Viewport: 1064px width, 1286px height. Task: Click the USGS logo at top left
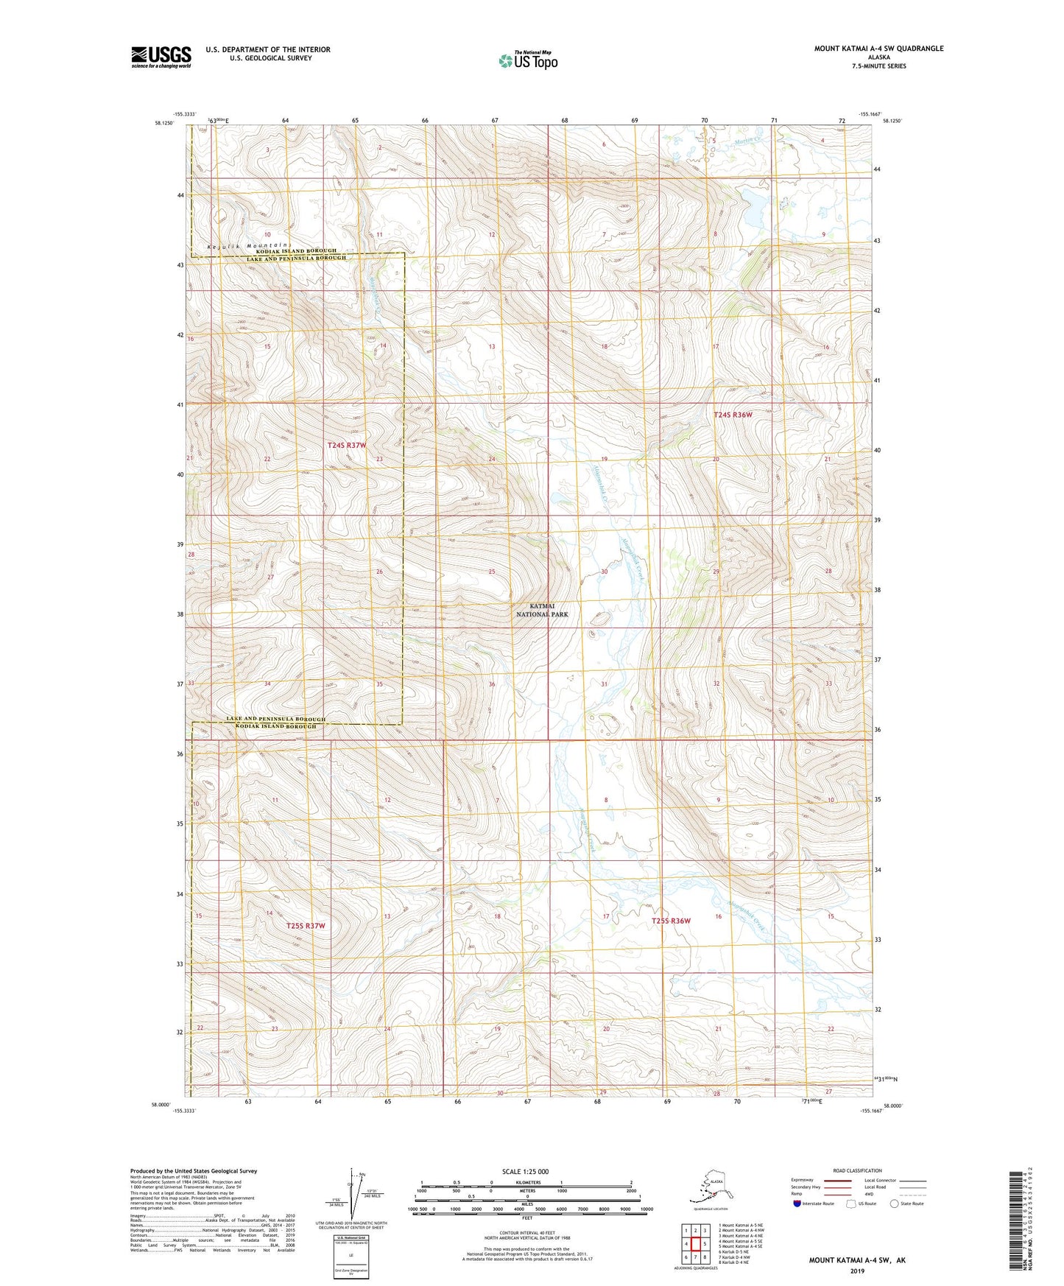161,57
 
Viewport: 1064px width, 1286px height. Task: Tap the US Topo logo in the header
527,60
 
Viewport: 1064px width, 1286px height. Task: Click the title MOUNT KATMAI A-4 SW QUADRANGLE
878,49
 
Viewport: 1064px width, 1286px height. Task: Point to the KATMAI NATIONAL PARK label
542,610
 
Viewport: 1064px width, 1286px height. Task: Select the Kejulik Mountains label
249,245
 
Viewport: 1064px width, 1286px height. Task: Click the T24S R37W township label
346,446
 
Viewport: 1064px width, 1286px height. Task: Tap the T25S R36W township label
671,921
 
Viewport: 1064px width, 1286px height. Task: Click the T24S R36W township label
733,415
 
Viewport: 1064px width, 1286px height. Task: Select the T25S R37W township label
306,925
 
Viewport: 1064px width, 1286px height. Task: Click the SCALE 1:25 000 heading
525,1171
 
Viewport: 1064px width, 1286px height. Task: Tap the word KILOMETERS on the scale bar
526,1183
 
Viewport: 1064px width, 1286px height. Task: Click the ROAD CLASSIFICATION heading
857,1170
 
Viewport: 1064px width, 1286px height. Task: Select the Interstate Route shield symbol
798,1204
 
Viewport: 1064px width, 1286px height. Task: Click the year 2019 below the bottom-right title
857,1271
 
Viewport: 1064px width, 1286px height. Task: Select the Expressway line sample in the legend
838,1181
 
